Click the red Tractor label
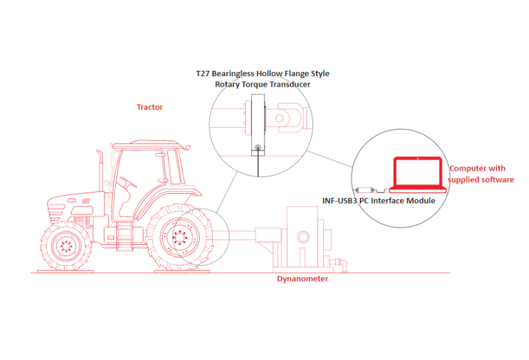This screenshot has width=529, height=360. tap(149, 107)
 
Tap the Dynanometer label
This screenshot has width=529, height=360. tap(303, 279)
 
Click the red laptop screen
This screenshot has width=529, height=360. tap(418, 171)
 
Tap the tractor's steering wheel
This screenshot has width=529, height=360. tap(128, 182)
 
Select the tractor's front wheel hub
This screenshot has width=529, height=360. tap(66, 246)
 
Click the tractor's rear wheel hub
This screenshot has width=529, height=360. tap(181, 237)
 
